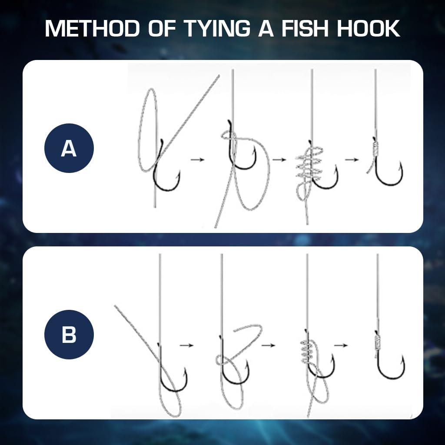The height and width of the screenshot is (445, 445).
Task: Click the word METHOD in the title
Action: [x=93, y=29]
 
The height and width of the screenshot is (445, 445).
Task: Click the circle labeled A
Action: [x=69, y=148]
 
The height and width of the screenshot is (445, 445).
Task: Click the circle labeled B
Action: [x=69, y=334]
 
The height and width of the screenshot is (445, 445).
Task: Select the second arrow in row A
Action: [x=279, y=160]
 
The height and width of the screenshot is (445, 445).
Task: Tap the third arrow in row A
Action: [x=352, y=159]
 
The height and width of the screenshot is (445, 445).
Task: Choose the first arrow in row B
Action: [x=186, y=345]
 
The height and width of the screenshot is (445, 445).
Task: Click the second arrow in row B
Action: [x=268, y=345]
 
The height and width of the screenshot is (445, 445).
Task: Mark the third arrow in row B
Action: [x=342, y=345]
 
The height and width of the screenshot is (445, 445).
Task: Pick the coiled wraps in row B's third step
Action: [x=308, y=350]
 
